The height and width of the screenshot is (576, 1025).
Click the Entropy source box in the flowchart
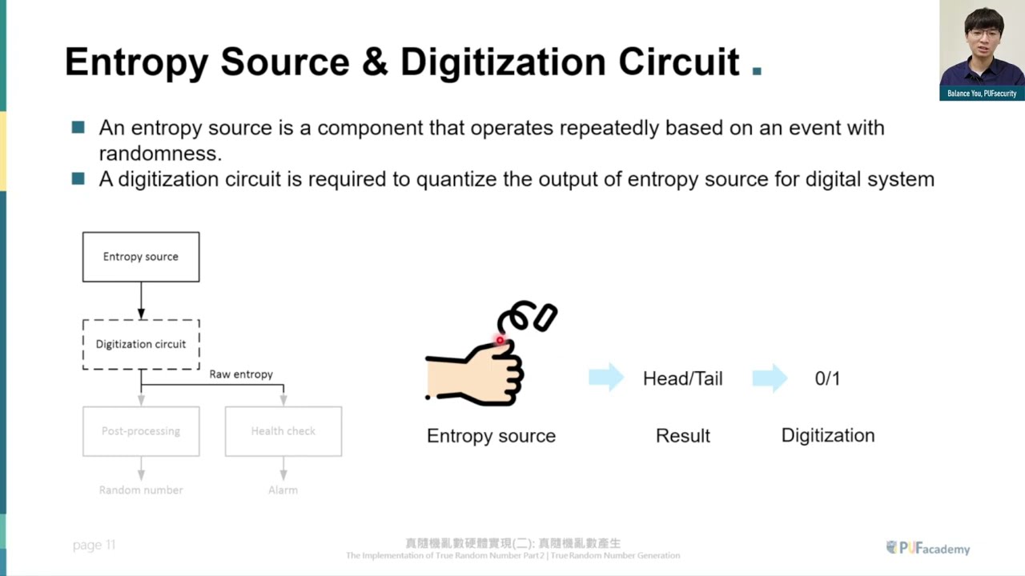[x=141, y=257]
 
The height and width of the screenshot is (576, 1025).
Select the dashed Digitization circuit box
[x=141, y=344]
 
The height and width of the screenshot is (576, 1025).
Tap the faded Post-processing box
[x=141, y=431]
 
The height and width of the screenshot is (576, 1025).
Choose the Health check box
[x=283, y=431]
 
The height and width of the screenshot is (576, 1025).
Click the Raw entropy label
[x=241, y=374]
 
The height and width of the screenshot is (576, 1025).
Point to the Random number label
[x=141, y=490]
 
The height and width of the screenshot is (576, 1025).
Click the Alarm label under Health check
[x=283, y=490]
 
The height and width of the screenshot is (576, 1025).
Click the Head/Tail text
[x=682, y=378]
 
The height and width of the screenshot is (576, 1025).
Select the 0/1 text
[x=827, y=378]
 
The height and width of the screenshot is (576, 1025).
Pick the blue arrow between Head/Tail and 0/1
[x=770, y=378]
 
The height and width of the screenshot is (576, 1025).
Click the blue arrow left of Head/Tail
[x=606, y=378]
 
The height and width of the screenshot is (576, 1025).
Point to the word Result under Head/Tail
[x=682, y=436]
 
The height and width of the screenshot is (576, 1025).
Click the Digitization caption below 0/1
[x=828, y=436]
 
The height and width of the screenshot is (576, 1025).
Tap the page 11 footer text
[x=94, y=545]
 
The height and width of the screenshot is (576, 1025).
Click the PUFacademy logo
[x=928, y=548]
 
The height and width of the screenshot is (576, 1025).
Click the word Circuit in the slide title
[x=679, y=62]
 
